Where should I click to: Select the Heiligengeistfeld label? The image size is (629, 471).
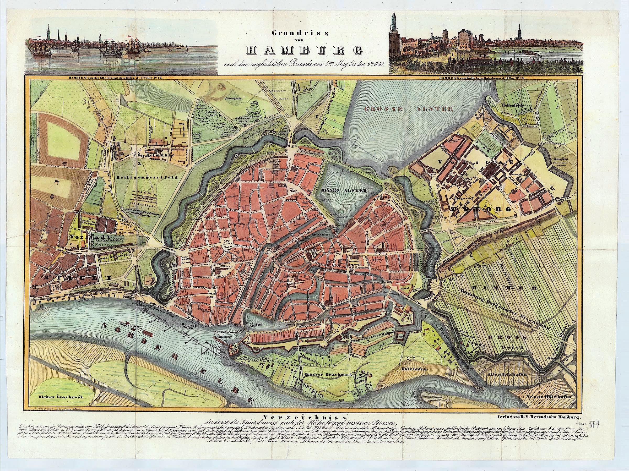[147, 177]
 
